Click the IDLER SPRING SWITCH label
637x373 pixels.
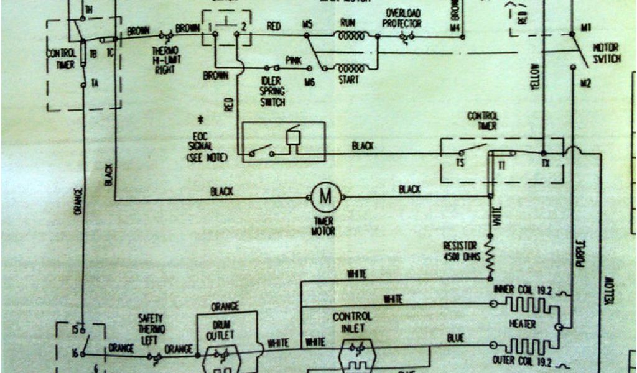coord(272,91)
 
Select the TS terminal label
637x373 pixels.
coord(461,164)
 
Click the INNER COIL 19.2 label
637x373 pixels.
coord(523,290)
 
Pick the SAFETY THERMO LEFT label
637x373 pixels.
coord(151,328)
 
